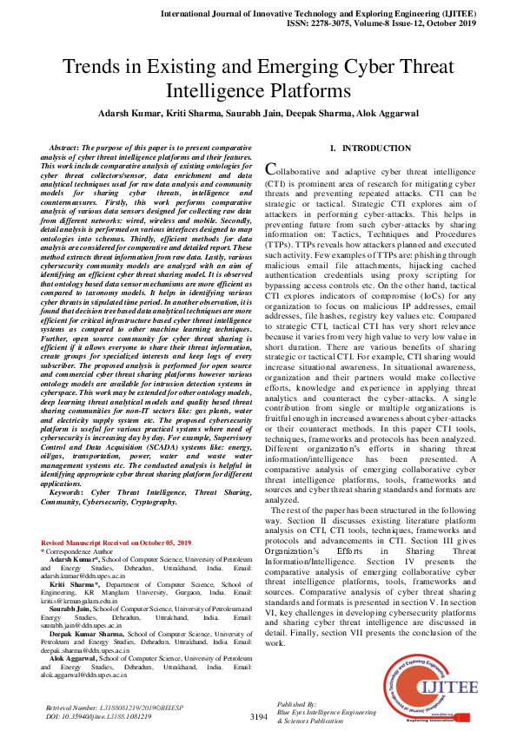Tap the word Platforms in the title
[310, 89]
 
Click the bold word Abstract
[70, 149]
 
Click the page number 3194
[258, 716]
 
